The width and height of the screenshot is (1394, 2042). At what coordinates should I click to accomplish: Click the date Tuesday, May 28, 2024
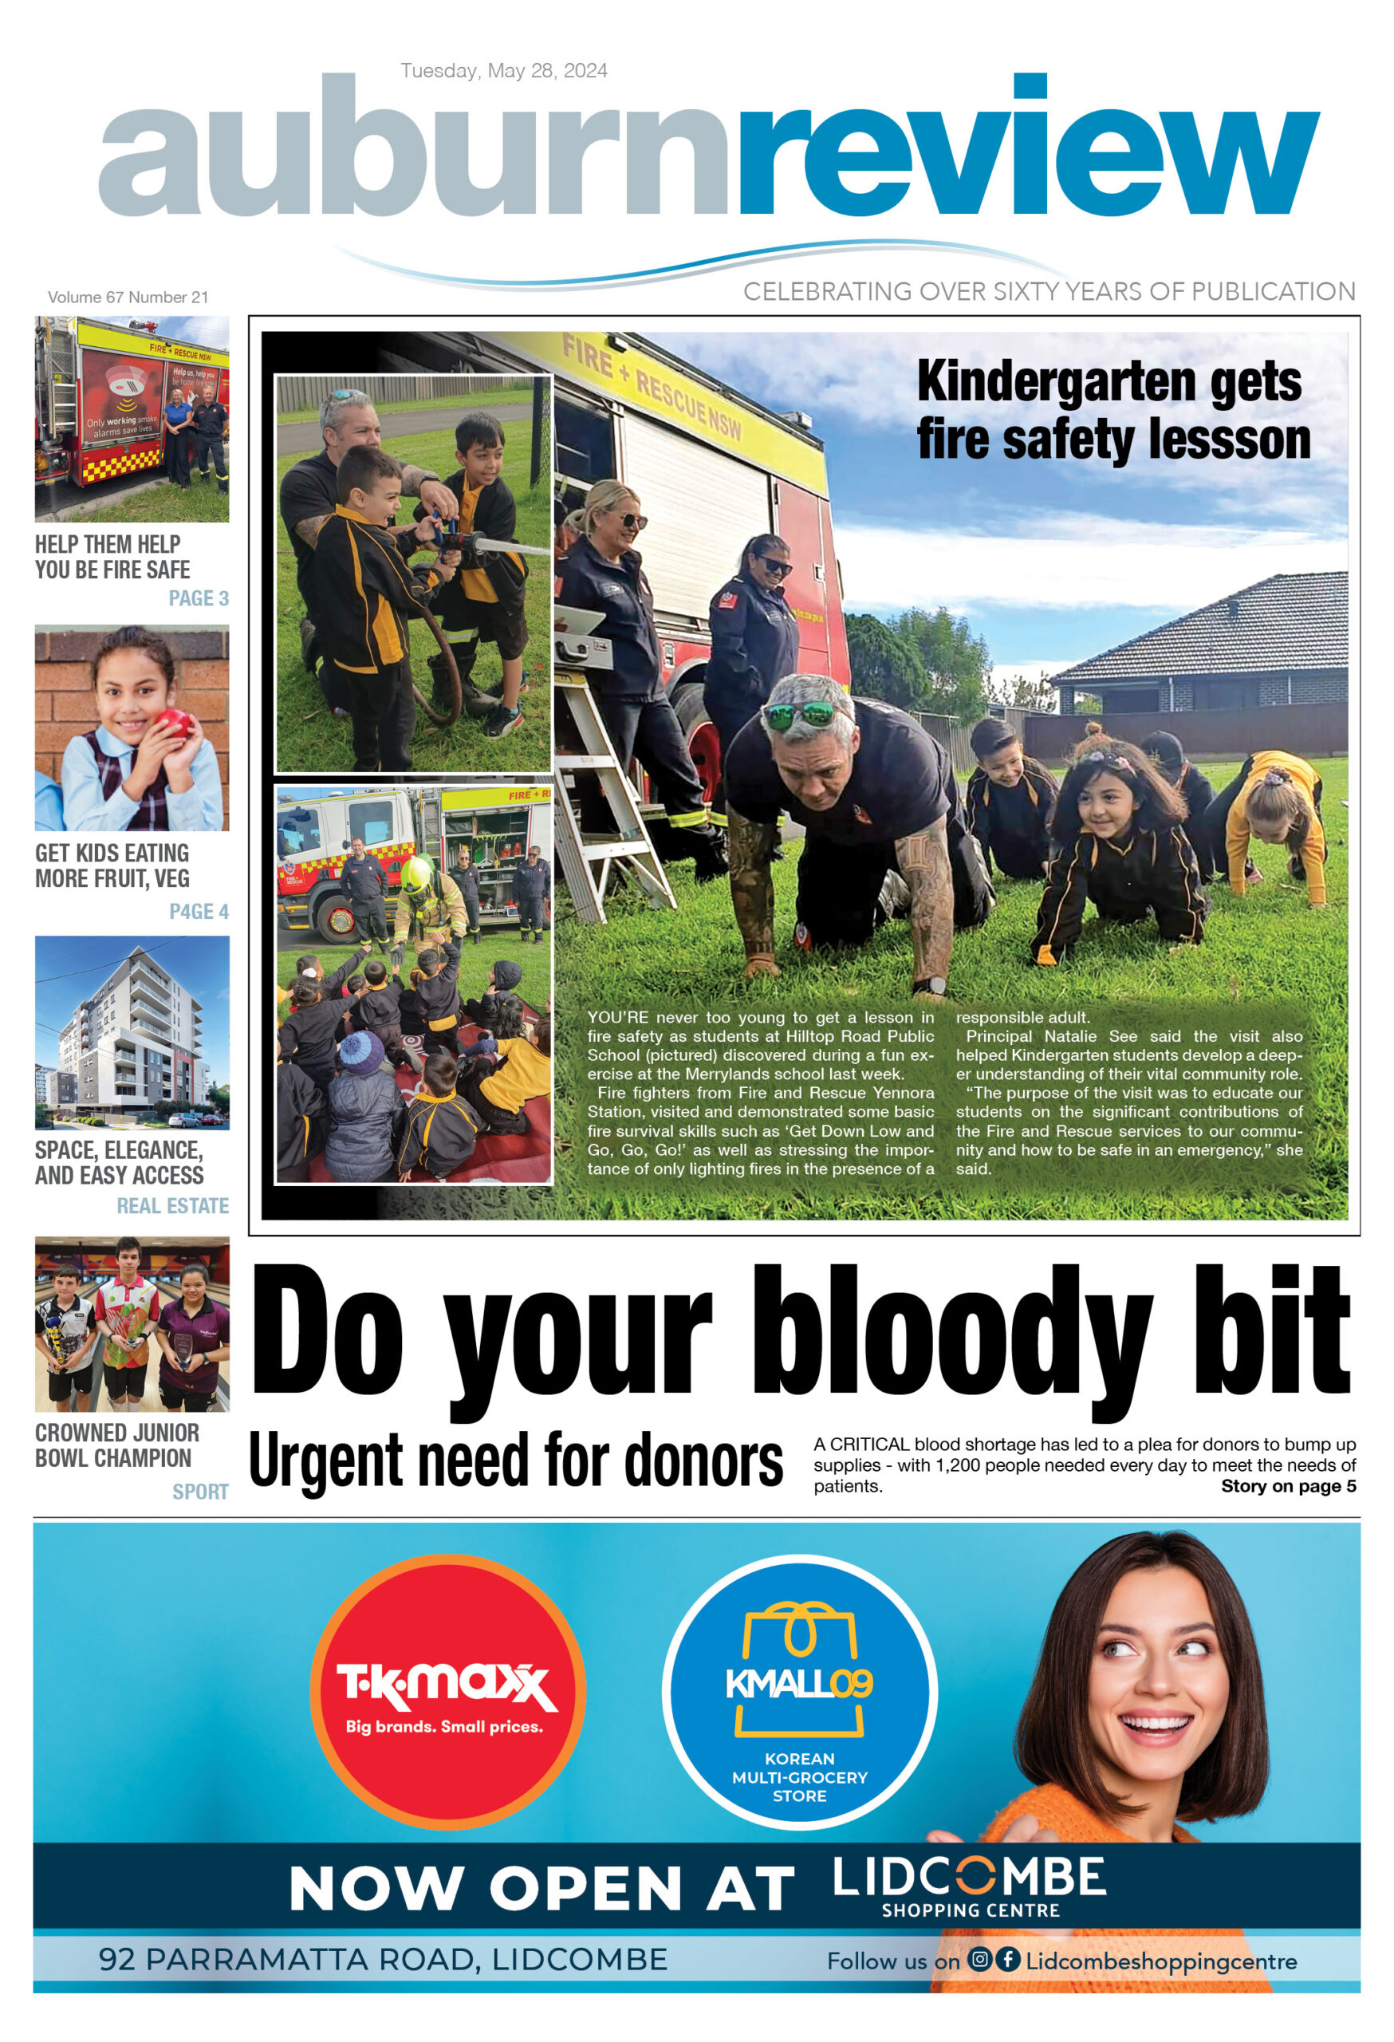click(x=503, y=70)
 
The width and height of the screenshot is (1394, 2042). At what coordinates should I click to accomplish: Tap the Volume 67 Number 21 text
click(x=128, y=297)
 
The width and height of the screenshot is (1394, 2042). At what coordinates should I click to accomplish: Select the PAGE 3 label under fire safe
click(x=199, y=598)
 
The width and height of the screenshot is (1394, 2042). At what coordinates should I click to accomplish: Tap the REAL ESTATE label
click(x=172, y=1205)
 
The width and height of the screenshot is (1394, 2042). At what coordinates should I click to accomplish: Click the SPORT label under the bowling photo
click(x=200, y=1491)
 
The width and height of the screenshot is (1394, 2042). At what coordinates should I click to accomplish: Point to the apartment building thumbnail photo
click(x=132, y=1032)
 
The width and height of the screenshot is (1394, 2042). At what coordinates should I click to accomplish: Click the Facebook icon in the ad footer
click(x=1007, y=1958)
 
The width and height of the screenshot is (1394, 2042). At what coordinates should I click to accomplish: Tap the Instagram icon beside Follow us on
click(x=979, y=1958)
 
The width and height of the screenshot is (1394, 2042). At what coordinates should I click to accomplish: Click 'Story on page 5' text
click(x=1288, y=1486)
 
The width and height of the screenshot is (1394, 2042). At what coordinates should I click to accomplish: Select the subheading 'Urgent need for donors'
click(x=516, y=1461)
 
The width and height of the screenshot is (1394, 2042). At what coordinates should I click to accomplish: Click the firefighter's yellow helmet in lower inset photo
click(x=415, y=874)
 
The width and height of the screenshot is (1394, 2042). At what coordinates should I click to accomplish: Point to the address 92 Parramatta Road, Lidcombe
click(x=383, y=1959)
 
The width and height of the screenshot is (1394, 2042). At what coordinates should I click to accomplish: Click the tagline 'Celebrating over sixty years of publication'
click(x=1049, y=292)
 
